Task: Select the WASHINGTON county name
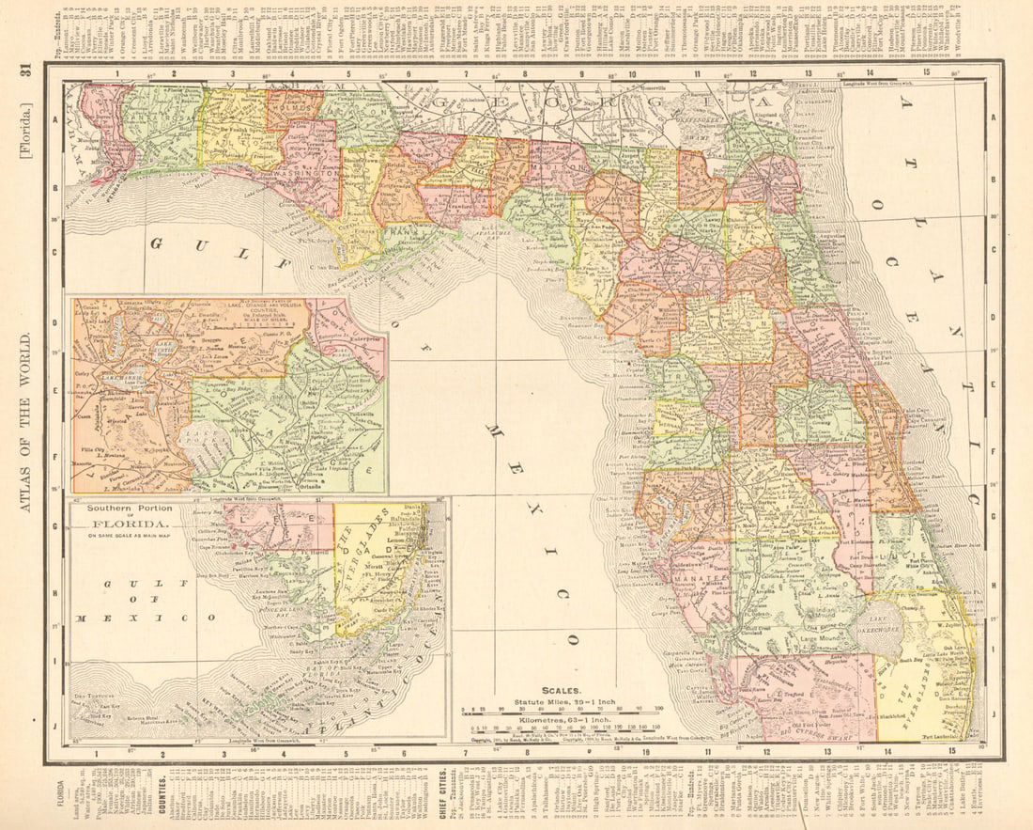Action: coord(306,176)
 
